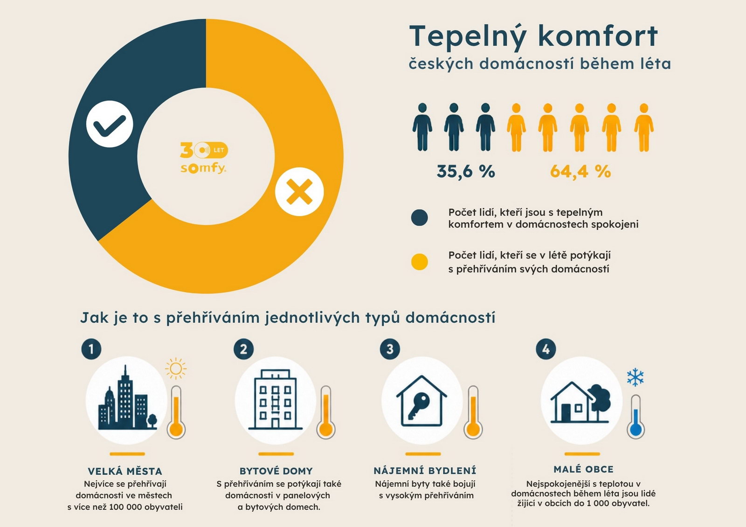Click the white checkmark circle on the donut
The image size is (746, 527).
pos(110,124)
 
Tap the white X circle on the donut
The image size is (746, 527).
pos(299,192)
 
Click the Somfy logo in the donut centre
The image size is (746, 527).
pos(204,158)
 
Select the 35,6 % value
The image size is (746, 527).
pos(466,171)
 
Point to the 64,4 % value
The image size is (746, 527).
pos(580,171)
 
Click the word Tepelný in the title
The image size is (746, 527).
pos(468,37)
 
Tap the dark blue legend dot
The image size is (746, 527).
pos(420,218)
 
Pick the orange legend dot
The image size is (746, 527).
pos(420,262)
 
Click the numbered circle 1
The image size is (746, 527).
pos(91,349)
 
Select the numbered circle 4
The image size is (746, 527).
pos(546,349)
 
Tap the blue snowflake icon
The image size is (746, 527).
pos(635,377)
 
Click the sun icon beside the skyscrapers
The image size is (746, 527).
pos(175,369)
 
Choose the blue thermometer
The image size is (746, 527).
pos(636,417)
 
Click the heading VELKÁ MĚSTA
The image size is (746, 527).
pos(125,471)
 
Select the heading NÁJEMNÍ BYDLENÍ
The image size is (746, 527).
pos(425,471)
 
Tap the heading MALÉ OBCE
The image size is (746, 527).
pos(583,469)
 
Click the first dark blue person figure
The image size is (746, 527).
pos(422,127)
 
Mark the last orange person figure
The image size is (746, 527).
pos(644,128)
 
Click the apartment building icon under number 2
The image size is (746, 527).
pos(275,399)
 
